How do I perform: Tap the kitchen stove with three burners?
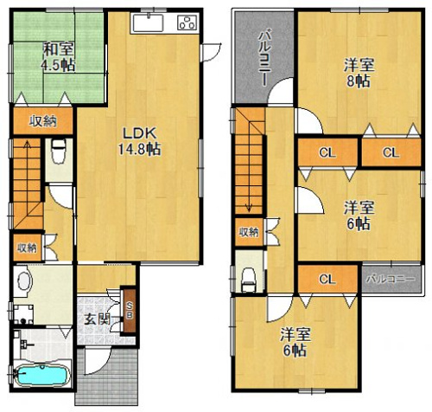click(188, 23)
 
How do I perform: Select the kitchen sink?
click(148, 23)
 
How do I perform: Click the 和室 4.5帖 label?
click(58, 57)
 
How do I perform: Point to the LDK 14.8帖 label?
click(139, 141)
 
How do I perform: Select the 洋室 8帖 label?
click(359, 73)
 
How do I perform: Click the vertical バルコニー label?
click(264, 59)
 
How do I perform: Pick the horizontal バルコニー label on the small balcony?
click(391, 279)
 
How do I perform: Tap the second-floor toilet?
click(249, 280)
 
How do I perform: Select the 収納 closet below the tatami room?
click(43, 121)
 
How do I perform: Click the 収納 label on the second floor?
click(249, 232)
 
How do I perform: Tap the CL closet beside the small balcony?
click(327, 279)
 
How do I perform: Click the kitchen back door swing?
click(212, 52)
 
